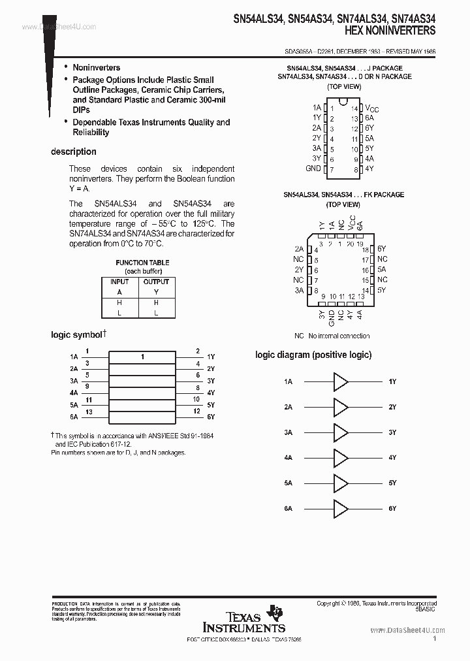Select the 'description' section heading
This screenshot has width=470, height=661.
[74, 152]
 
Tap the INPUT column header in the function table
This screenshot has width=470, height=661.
[119, 282]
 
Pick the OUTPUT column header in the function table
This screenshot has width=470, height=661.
[156, 282]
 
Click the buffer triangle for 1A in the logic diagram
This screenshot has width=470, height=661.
[341, 381]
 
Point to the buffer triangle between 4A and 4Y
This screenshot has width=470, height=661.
[341, 458]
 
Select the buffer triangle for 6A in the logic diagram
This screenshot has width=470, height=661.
[341, 508]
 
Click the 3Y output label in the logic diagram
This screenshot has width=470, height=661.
[392, 432]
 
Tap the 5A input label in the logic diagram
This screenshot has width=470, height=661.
[288, 483]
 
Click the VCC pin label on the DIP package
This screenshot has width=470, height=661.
[371, 108]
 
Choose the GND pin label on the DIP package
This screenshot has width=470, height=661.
[313, 169]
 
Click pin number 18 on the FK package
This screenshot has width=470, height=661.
[365, 250]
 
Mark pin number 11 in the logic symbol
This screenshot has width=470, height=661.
[89, 399]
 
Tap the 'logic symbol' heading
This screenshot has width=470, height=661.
[77, 334]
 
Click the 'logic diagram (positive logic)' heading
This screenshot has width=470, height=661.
[313, 355]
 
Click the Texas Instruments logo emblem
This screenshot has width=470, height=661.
[275, 612]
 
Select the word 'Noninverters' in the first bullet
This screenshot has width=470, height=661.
[96, 67]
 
